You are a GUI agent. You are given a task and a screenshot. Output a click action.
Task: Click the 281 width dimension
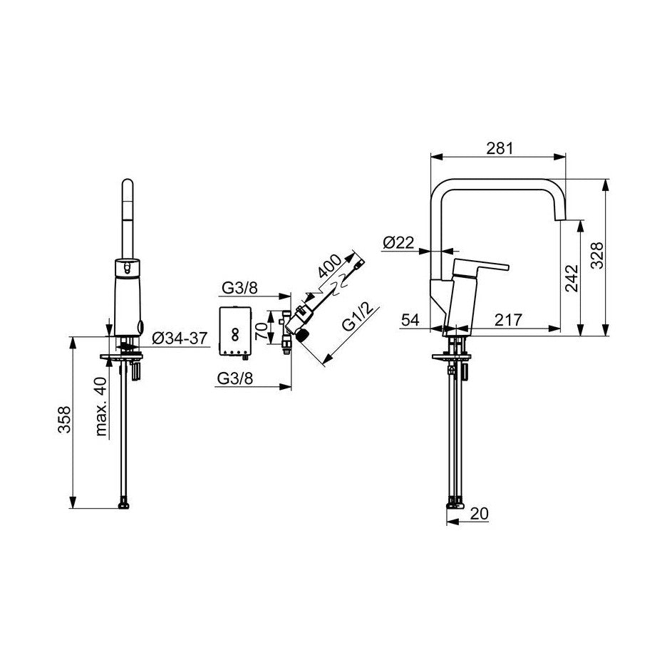click(x=500, y=148)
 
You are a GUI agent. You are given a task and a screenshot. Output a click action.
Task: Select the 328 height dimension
click(x=597, y=255)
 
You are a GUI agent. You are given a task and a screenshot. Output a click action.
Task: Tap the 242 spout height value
click(x=572, y=278)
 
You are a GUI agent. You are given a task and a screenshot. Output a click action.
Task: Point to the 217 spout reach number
click(x=508, y=320)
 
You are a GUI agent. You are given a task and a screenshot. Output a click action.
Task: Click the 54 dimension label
click(x=410, y=320)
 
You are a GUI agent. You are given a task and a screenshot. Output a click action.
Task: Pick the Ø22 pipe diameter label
click(x=398, y=242)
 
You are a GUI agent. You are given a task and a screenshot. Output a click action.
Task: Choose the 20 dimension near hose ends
click(x=480, y=514)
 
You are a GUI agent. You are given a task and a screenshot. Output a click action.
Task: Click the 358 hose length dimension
click(x=64, y=420)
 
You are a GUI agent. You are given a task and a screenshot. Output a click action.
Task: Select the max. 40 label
click(x=101, y=406)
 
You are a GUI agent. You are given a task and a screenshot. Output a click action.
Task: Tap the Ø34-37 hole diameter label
click(x=180, y=338)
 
